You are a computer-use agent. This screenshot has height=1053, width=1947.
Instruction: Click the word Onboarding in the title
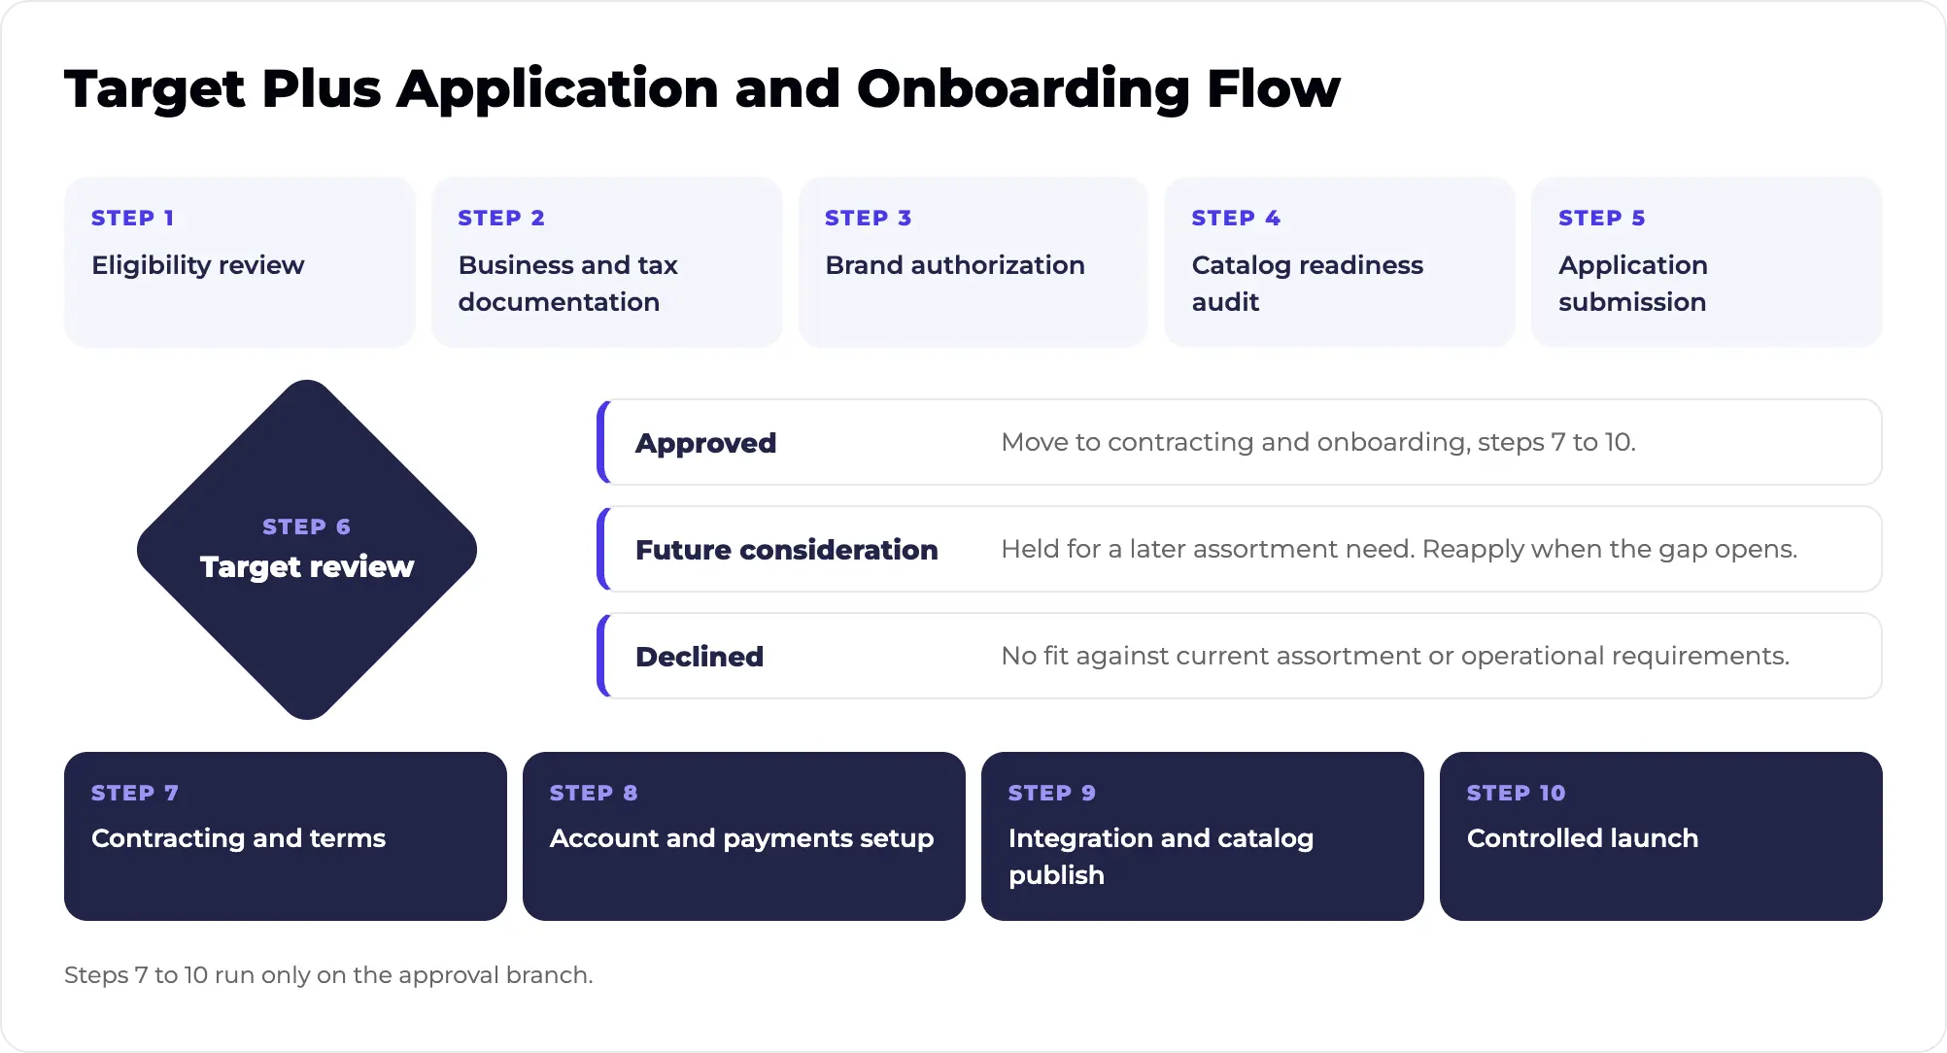(x=1023, y=90)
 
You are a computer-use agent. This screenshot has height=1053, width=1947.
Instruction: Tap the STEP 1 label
(x=132, y=218)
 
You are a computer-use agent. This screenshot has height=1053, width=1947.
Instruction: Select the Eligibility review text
(x=198, y=265)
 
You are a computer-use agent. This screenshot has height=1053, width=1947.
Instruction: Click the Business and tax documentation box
(x=607, y=261)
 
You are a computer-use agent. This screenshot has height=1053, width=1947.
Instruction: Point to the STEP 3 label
(x=868, y=218)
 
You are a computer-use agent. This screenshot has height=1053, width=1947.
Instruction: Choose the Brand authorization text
(x=955, y=265)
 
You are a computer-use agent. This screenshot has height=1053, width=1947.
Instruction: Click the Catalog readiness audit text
(x=1308, y=284)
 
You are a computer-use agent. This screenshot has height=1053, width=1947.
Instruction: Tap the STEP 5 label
(x=1601, y=218)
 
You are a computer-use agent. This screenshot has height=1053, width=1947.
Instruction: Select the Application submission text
(x=1633, y=284)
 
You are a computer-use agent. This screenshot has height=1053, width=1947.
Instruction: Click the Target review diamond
(x=307, y=550)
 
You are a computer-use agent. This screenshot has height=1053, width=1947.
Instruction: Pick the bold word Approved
(x=705, y=443)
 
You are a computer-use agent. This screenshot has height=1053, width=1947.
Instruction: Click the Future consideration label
(x=787, y=550)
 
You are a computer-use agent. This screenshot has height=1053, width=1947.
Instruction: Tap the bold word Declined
(x=700, y=657)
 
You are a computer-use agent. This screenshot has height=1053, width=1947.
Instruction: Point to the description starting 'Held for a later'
(x=1399, y=549)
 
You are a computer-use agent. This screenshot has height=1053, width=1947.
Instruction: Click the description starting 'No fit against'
(x=1395, y=656)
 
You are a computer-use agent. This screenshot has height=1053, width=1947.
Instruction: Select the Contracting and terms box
(x=286, y=836)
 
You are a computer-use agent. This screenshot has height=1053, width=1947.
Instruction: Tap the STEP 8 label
(x=594, y=793)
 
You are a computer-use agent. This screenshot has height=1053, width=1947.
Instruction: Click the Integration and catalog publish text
(x=1161, y=857)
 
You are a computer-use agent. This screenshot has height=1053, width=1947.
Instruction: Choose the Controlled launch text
(x=1583, y=838)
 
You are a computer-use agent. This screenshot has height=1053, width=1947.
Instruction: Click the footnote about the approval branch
(x=328, y=975)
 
